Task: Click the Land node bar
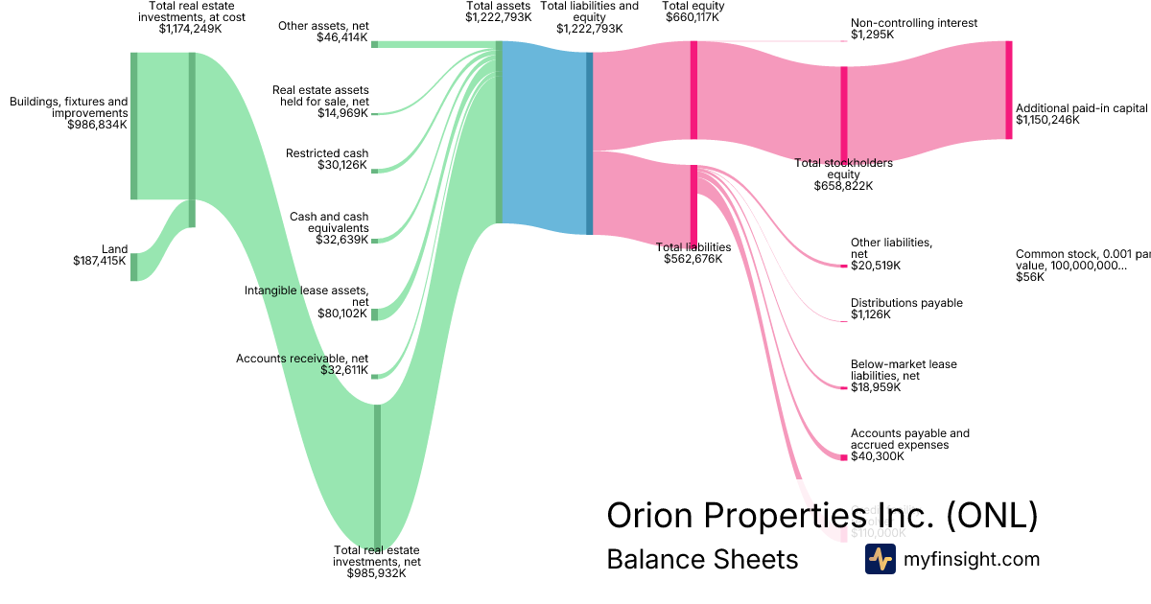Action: (134, 267)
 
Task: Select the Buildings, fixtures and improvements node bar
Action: (134, 126)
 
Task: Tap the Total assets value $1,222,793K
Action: (498, 17)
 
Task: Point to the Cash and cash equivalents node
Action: (375, 240)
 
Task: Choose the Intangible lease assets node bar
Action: (375, 314)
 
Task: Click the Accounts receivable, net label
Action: (301, 359)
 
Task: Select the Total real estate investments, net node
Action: (377, 475)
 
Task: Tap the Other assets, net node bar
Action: (374, 44)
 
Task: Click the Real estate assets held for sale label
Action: (320, 96)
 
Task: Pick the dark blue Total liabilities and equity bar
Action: (589, 143)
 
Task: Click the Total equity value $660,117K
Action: (693, 17)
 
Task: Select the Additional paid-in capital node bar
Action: (1008, 90)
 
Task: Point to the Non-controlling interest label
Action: (913, 23)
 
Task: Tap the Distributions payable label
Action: (906, 303)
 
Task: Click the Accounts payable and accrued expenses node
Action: (844, 456)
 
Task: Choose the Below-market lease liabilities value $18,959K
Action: (876, 387)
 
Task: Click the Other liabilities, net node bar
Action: (844, 265)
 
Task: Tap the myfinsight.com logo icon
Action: (880, 559)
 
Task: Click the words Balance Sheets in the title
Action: (702, 559)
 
